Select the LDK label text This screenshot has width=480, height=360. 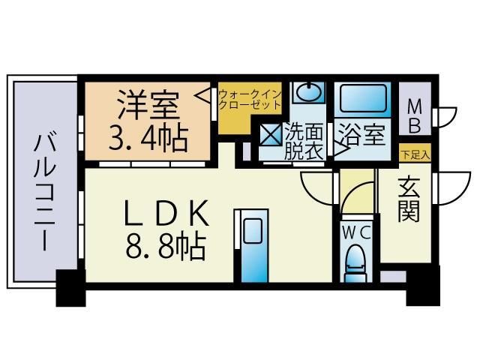point(165,214)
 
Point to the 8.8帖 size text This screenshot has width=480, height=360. point(165,247)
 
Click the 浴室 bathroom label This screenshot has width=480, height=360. point(364,136)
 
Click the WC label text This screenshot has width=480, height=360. point(356,233)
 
